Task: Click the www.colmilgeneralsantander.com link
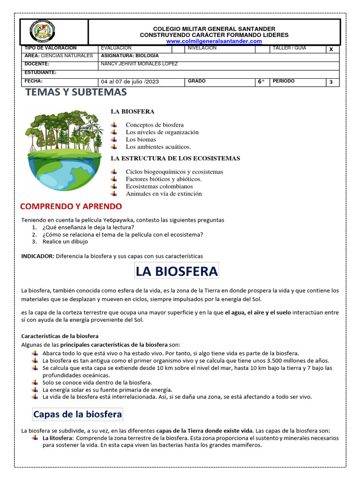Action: (214, 41)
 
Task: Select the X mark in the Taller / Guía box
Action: (331, 49)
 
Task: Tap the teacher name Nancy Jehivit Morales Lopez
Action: (139, 64)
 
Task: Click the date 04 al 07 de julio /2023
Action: (130, 82)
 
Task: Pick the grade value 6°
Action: (261, 82)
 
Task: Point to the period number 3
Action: (331, 82)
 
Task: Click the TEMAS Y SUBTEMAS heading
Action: (76, 92)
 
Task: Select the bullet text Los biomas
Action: (141, 140)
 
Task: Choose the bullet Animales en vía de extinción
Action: (164, 194)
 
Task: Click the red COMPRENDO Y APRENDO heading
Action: (71, 206)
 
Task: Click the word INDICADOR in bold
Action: (37, 256)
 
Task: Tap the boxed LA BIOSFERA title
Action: (176, 271)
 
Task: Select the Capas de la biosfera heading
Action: (77, 414)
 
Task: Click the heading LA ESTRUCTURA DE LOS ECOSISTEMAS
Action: (175, 158)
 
